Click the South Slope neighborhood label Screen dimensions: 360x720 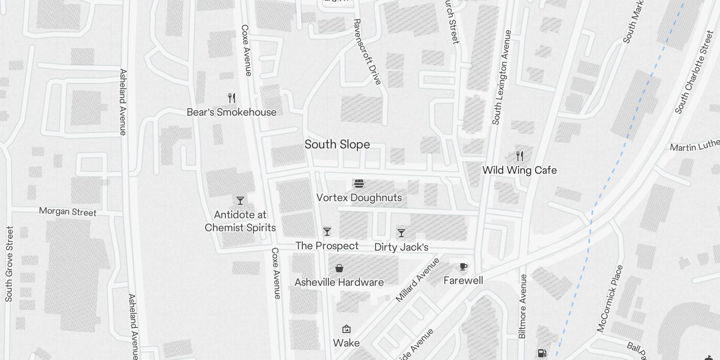[x=337, y=144]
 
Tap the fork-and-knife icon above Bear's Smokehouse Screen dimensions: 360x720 [x=232, y=98]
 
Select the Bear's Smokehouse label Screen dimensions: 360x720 [x=231, y=112]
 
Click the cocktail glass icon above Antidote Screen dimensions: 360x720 [x=240, y=201]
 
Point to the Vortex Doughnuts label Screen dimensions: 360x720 [x=359, y=198]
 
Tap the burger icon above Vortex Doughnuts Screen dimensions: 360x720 [x=359, y=184]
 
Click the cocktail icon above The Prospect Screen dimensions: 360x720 [x=327, y=232]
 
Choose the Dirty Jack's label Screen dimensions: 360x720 [x=401, y=247]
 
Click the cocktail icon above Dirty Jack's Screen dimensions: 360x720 [x=401, y=233]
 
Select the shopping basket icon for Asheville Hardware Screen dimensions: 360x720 [x=339, y=268]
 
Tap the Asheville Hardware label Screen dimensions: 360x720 [x=339, y=282]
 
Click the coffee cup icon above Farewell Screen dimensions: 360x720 [x=463, y=267]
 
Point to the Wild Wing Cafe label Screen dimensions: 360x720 [x=519, y=170]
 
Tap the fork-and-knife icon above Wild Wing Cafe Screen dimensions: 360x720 [x=520, y=156]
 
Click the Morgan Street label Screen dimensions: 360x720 [x=67, y=211]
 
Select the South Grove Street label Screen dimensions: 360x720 [x=9, y=264]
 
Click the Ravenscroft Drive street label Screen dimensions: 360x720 [x=367, y=51]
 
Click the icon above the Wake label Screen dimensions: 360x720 [x=346, y=329]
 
